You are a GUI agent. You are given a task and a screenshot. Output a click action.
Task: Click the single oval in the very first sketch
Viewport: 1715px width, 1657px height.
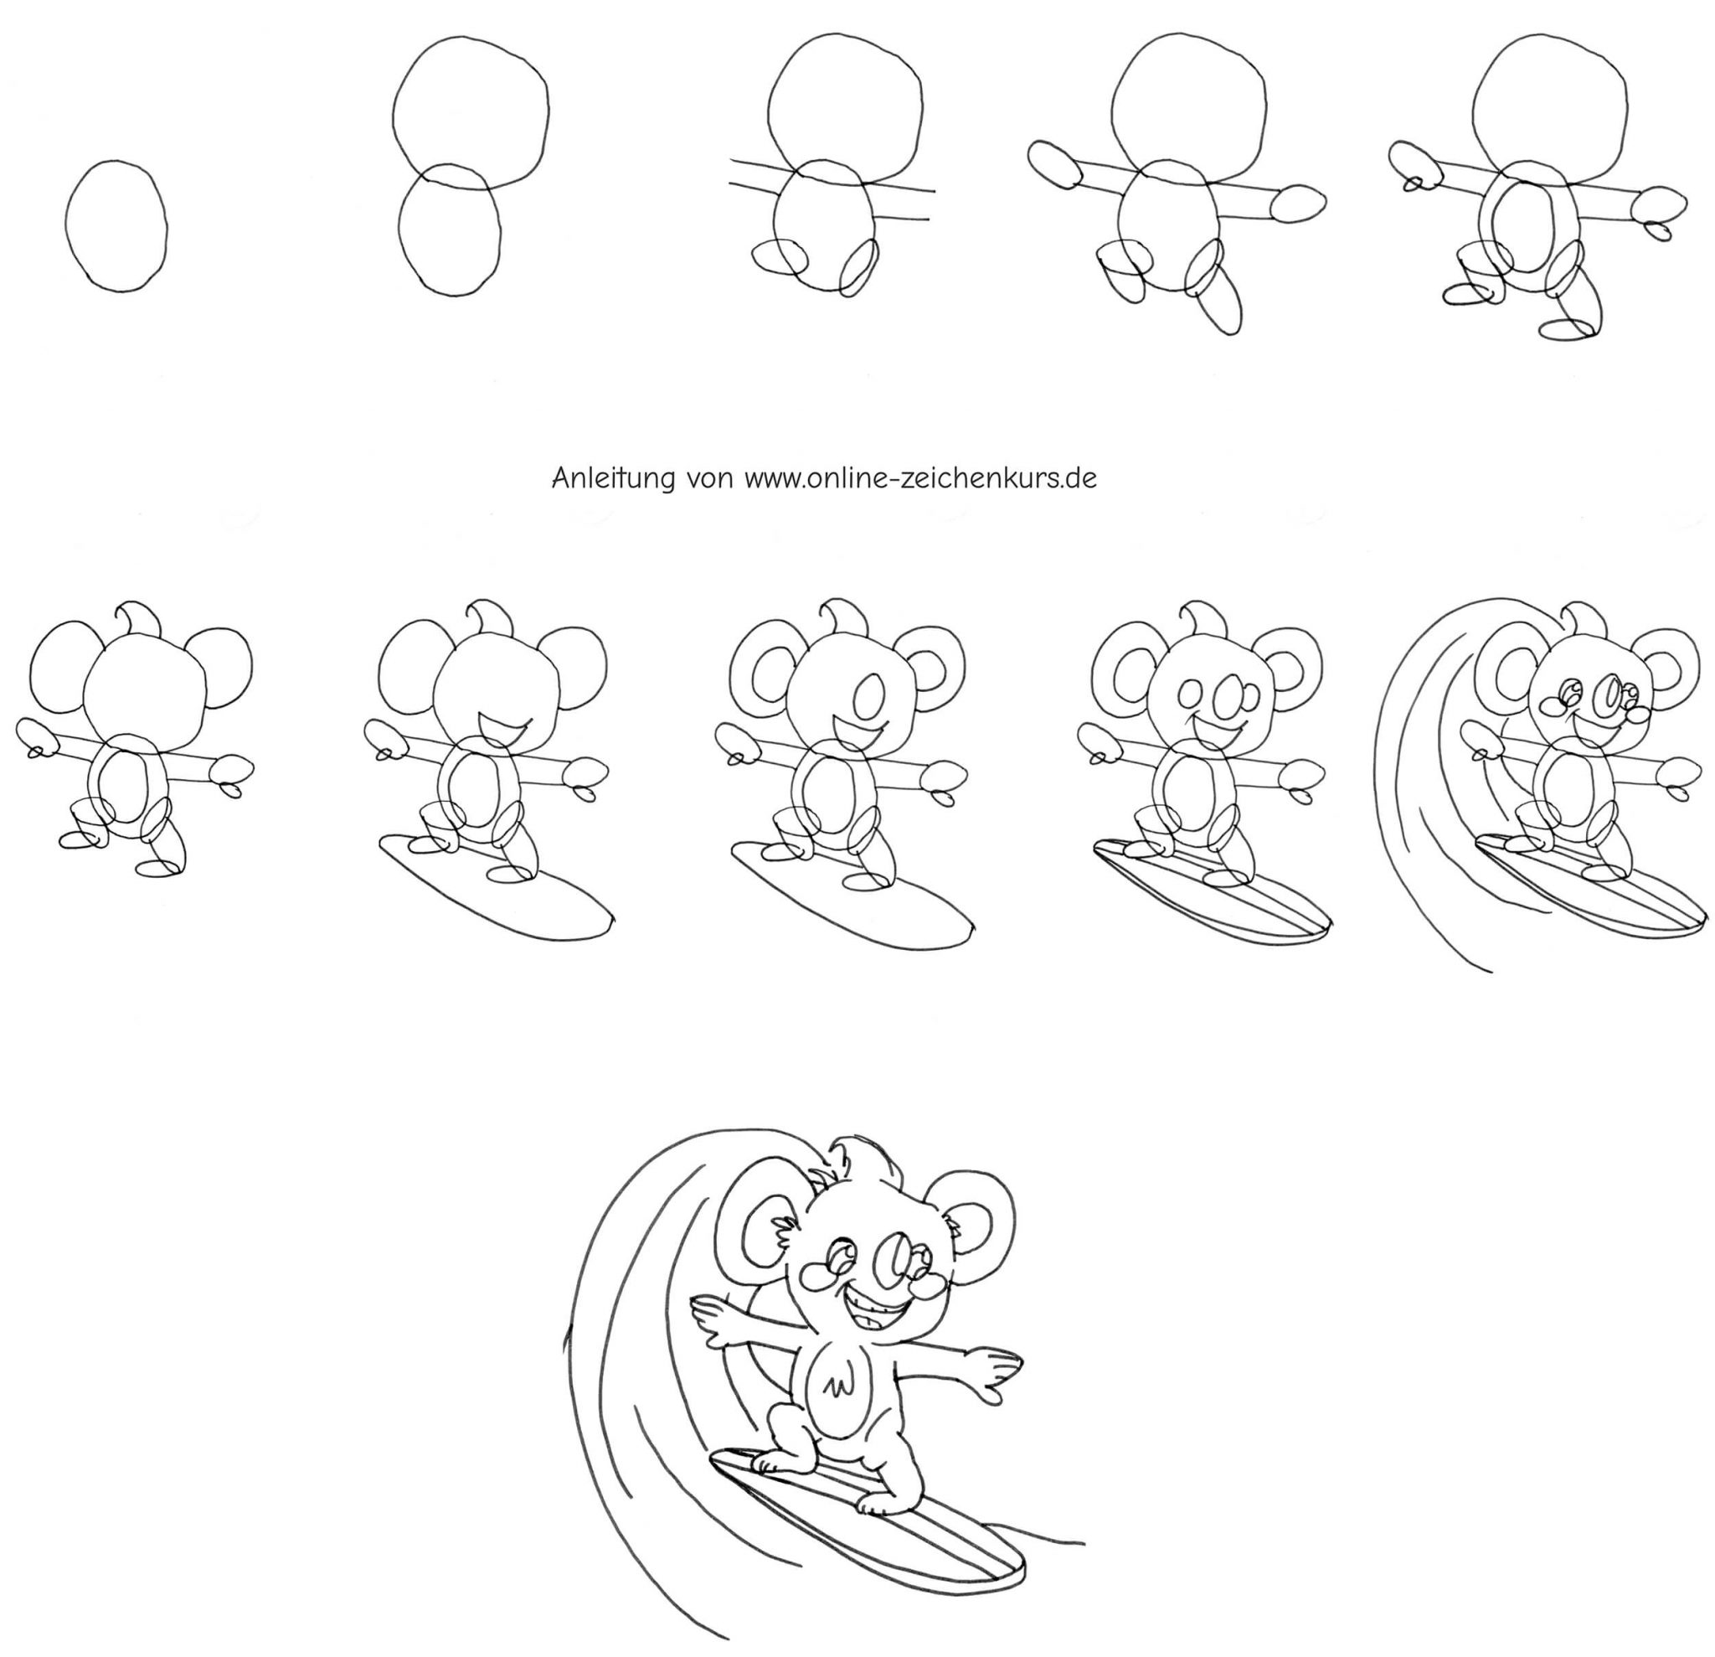(66, 226)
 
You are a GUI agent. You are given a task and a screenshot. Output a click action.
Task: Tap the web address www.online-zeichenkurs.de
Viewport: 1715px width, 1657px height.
(920, 478)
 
